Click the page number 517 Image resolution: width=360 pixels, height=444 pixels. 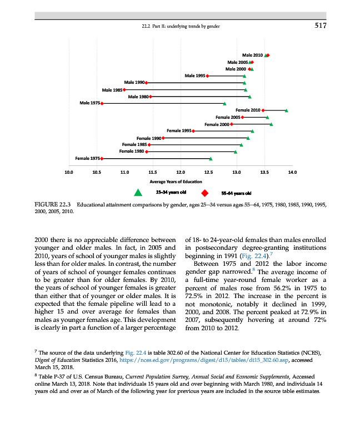pyautogui.click(x=319, y=26)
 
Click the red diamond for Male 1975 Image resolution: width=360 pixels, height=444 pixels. pyautogui.click(x=102, y=103)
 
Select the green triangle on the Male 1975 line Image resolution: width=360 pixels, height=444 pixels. pyautogui.click(x=224, y=103)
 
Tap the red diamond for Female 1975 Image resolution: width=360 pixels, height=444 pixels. pyautogui.click(x=102, y=158)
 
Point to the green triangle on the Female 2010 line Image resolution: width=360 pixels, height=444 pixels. pyautogui.click(x=287, y=110)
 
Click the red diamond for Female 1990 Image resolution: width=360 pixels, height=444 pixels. pyautogui.click(x=163, y=138)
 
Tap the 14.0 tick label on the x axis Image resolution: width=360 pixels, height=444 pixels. pyautogui.click(x=293, y=173)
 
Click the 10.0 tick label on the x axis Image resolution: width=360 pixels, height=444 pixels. pyautogui.click(x=69, y=173)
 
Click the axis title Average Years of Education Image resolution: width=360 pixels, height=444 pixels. pyautogui.click(x=180, y=181)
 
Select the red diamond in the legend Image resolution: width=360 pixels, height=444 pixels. pyautogui.click(x=204, y=193)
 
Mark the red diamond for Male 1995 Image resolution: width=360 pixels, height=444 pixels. pyautogui.click(x=207, y=75)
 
